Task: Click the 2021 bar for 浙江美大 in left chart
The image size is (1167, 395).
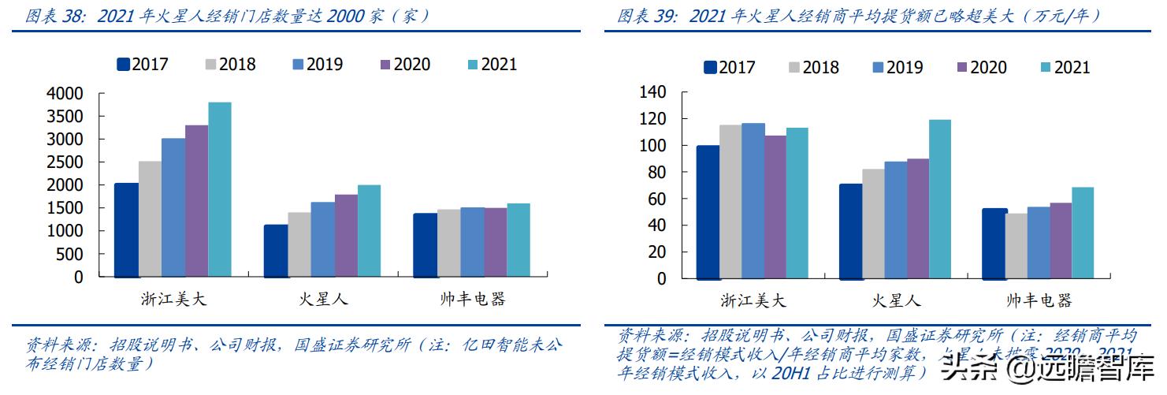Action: pyautogui.click(x=220, y=189)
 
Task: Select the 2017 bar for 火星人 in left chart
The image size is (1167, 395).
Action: pyautogui.click(x=276, y=251)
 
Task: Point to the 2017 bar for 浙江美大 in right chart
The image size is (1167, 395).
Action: pyautogui.click(x=708, y=212)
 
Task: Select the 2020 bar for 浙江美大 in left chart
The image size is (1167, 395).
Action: pyautogui.click(x=196, y=201)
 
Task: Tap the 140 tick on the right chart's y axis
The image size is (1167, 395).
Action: pyautogui.click(x=653, y=93)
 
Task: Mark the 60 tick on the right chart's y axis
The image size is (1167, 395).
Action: pyautogui.click(x=658, y=199)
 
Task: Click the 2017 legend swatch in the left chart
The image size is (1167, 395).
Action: pyautogui.click(x=123, y=65)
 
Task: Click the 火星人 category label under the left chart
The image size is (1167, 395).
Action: pyautogui.click(x=323, y=300)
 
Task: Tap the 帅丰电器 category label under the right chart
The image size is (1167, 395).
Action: pyautogui.click(x=1039, y=300)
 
